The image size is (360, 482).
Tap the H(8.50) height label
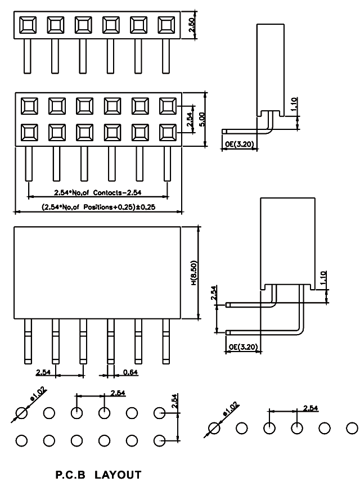193,273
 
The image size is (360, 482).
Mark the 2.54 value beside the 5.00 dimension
190,119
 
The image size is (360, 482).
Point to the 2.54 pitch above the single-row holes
310,408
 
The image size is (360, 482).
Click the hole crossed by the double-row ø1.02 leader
21,413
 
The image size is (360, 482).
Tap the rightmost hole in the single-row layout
352,428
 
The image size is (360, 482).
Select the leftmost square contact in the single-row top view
28,25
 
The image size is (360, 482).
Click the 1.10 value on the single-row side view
294,105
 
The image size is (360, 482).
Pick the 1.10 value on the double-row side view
323,279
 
